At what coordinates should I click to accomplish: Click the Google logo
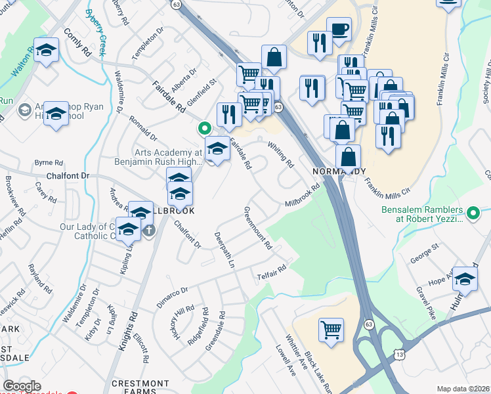22,386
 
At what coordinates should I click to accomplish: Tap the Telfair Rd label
272,271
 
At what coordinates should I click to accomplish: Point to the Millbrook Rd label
302,196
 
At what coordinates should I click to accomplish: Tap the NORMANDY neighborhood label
338,171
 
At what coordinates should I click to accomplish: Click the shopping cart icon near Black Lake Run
331,330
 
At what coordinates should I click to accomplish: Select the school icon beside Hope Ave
465,280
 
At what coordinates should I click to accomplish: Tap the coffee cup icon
339,30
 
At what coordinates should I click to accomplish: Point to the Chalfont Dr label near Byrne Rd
67,176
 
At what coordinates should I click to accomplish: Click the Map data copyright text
463,389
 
